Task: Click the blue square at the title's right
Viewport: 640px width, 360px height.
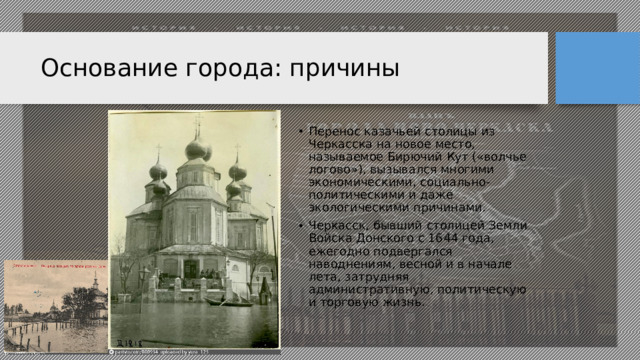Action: click(x=597, y=68)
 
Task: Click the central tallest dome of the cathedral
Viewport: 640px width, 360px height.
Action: click(x=197, y=150)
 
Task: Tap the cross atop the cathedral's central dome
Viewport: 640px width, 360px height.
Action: click(x=197, y=126)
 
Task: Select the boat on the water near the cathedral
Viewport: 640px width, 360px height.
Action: click(x=235, y=300)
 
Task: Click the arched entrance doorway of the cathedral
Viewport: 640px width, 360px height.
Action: click(x=189, y=268)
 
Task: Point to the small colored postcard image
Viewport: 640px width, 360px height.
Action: click(x=55, y=306)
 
